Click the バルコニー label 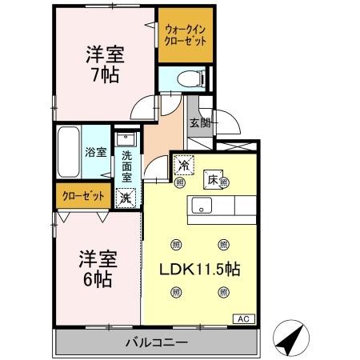click(x=157, y=342)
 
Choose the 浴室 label click(x=96, y=151)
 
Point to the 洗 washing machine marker click(x=126, y=197)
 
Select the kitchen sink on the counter click(x=199, y=206)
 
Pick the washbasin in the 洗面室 click(x=125, y=139)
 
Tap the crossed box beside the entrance click(x=238, y=147)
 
